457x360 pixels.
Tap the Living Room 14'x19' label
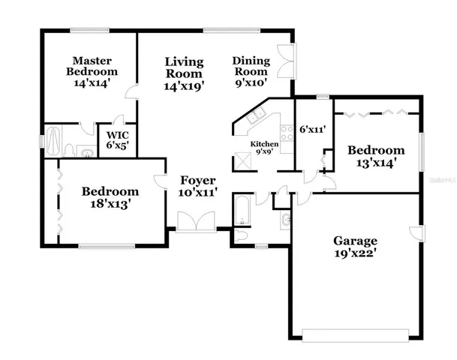coord(185,73)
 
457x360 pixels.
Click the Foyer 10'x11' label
coord(198,187)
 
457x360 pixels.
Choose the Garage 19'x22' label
coord(356,247)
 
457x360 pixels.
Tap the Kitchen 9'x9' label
coord(265,148)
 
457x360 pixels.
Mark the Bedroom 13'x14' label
coord(375,156)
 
